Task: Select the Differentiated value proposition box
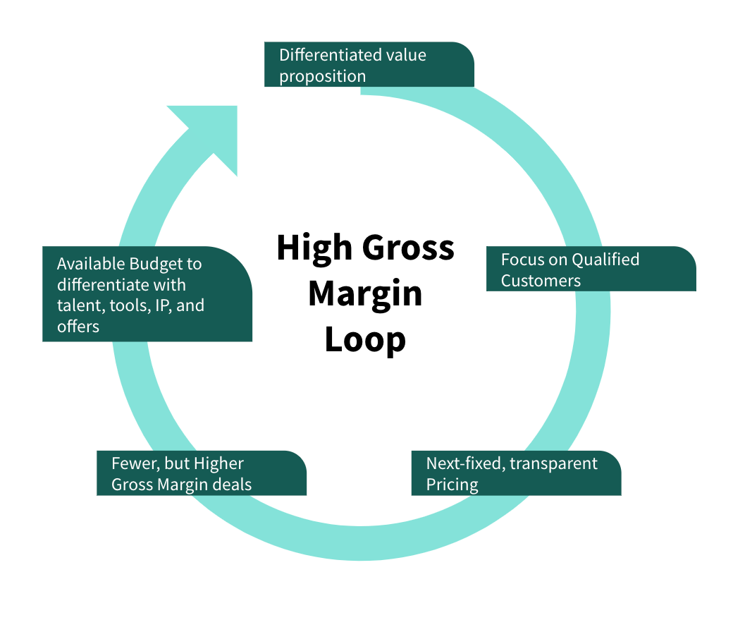pyautogui.click(x=369, y=64)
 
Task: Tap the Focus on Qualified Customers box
pyautogui.click(x=591, y=269)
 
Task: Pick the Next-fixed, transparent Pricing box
pyautogui.click(x=516, y=473)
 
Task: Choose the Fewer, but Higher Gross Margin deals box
pyautogui.click(x=201, y=473)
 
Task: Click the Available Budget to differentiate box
pyautogui.click(x=147, y=294)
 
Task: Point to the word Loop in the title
pyautogui.click(x=365, y=339)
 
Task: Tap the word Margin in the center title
pyautogui.click(x=365, y=293)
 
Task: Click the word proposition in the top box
pyautogui.click(x=322, y=75)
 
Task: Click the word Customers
pyautogui.click(x=541, y=281)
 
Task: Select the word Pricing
pyautogui.click(x=452, y=485)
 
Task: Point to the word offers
pyautogui.click(x=78, y=327)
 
